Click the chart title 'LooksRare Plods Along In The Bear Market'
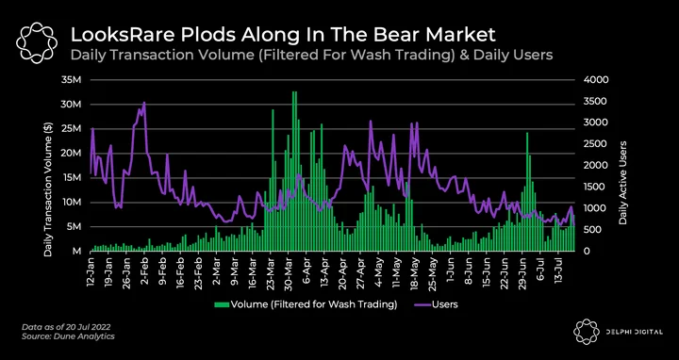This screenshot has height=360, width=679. point(283,35)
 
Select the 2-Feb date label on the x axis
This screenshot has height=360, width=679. point(144,271)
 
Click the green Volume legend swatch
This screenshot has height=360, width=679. point(223,305)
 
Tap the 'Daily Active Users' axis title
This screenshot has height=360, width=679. point(623,183)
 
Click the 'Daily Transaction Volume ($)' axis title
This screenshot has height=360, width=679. point(48,190)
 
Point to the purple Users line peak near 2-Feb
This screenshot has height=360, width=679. point(143,103)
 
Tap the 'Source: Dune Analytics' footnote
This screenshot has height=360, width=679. point(69,335)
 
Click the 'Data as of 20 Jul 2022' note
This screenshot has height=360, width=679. point(69,326)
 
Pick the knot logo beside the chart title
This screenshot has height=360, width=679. point(37,42)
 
